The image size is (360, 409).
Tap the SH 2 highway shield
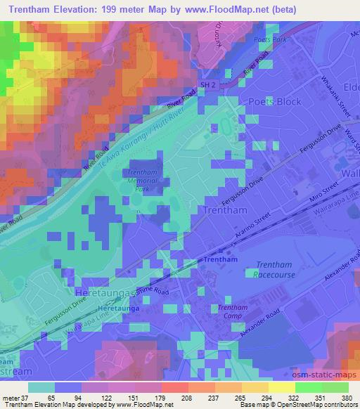(203, 84)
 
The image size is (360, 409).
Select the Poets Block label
(275, 102)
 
